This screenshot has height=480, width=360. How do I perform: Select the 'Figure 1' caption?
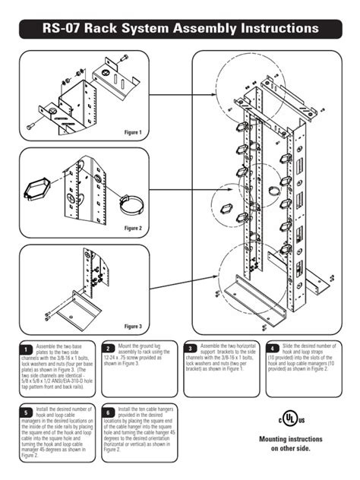pos(133,132)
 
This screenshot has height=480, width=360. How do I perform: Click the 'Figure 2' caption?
pos(133,227)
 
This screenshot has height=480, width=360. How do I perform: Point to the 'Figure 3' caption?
pos(133,326)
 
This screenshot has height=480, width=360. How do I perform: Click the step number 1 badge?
pos(26,349)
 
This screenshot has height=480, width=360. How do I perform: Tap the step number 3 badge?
pos(191,349)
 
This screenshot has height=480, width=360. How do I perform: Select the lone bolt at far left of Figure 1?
pos(31,125)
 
